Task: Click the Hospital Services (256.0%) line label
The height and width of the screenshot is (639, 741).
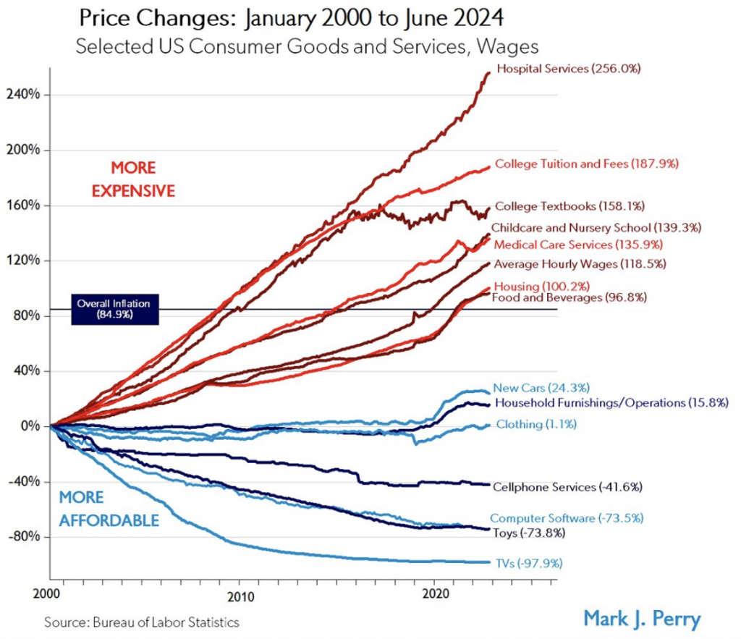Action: point(567,69)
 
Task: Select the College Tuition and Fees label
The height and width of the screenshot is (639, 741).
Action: point(587,164)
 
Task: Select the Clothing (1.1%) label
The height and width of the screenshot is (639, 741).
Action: point(536,425)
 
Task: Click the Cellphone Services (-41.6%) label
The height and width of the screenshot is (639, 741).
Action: point(568,487)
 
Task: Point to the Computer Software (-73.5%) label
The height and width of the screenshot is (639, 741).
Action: point(567,518)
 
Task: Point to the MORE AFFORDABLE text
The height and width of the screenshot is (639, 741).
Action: point(109,509)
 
